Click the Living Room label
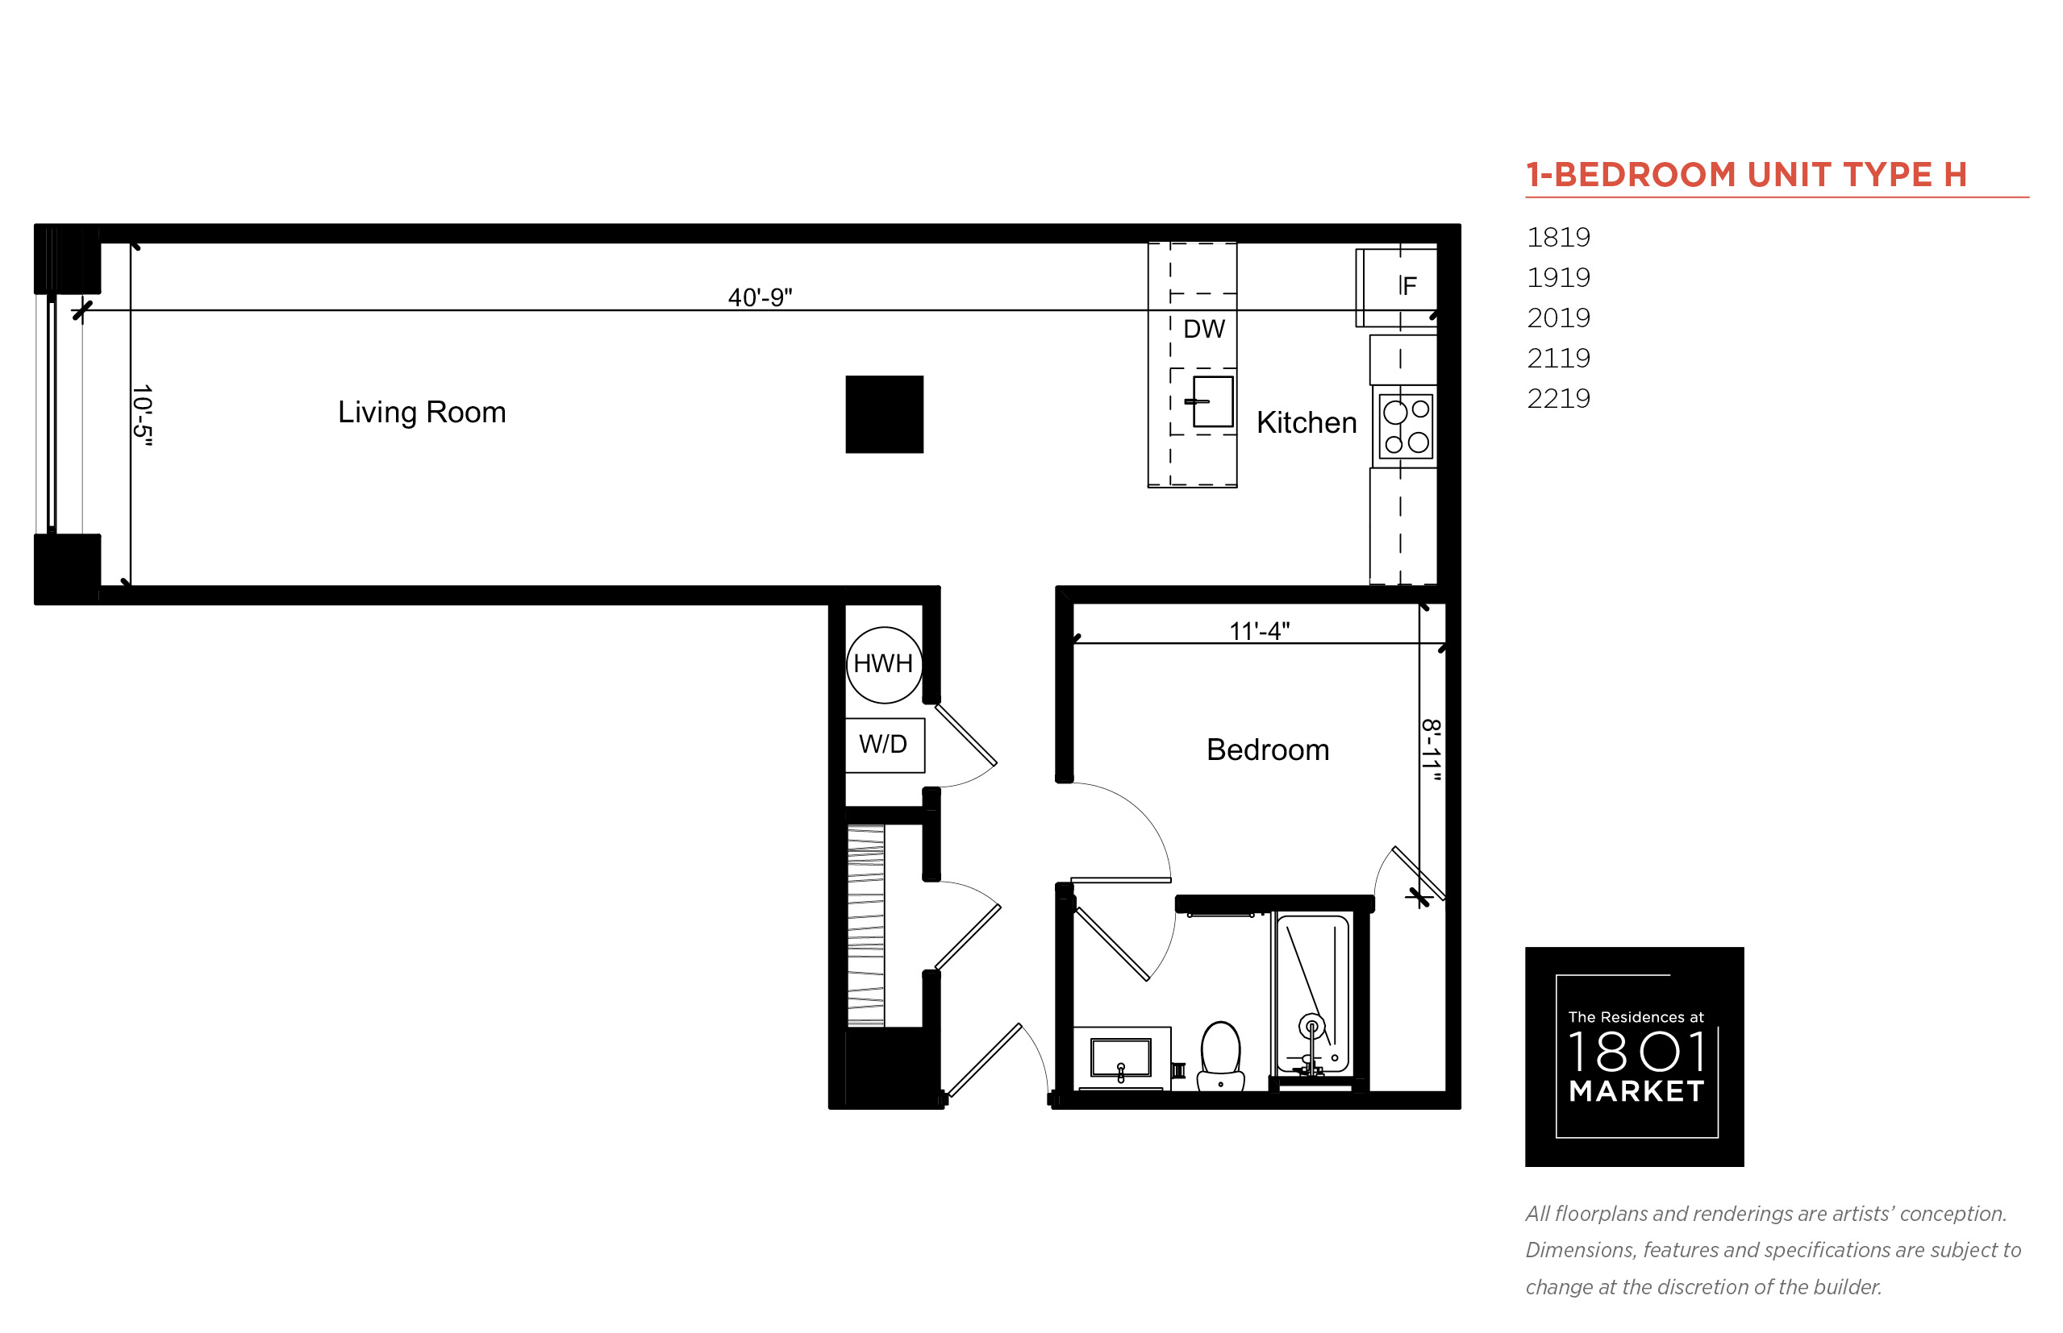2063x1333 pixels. pyautogui.click(x=422, y=412)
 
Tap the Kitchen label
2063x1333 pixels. pyautogui.click(x=1306, y=422)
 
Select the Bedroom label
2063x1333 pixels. pyautogui.click(x=1267, y=750)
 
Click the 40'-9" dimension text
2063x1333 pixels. pyautogui.click(x=760, y=297)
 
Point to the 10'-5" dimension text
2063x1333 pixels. pyautogui.click(x=142, y=416)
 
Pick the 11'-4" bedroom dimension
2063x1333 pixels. pyautogui.click(x=1259, y=631)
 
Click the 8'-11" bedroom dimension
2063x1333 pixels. pyautogui.click(x=1431, y=750)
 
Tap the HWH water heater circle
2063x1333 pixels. pyautogui.click(x=884, y=665)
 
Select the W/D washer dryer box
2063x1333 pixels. pyautogui.click(x=884, y=745)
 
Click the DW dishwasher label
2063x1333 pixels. pyautogui.click(x=1204, y=329)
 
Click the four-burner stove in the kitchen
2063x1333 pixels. pyautogui.click(x=1406, y=426)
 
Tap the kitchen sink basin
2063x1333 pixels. pyautogui.click(x=1212, y=401)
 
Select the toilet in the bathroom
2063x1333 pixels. pyautogui.click(x=1220, y=1056)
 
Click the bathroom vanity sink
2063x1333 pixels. pyautogui.click(x=1121, y=1057)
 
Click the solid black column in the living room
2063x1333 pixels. pyautogui.click(x=884, y=414)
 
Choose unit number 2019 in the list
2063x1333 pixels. pyautogui.click(x=1558, y=318)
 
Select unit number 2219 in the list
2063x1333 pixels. pyautogui.click(x=1558, y=398)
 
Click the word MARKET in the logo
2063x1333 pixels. pyautogui.click(x=1636, y=1091)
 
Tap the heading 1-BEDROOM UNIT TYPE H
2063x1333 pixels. pyautogui.click(x=1746, y=175)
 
